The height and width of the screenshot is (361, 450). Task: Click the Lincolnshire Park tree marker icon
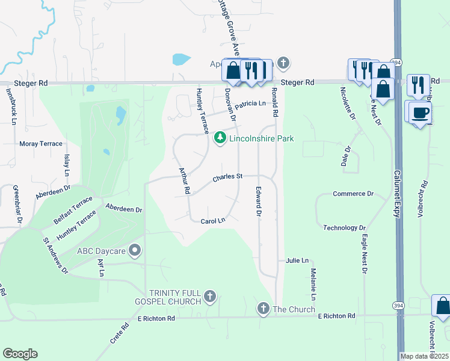220,138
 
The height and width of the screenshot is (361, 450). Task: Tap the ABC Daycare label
100,250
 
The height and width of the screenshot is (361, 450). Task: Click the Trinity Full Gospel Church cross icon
209,295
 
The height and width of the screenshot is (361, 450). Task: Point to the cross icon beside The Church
263,309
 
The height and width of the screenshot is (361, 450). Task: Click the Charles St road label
227,177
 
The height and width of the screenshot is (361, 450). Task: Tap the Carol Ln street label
212,221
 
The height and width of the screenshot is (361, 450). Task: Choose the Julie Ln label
297,261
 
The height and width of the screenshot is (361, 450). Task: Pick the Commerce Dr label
353,194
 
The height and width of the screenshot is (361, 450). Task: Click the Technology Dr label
345,228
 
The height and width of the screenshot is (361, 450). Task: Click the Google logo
20,354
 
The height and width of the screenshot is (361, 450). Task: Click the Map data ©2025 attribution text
424,356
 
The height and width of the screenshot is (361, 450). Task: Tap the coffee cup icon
421,113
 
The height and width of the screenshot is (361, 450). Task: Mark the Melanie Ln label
313,285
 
